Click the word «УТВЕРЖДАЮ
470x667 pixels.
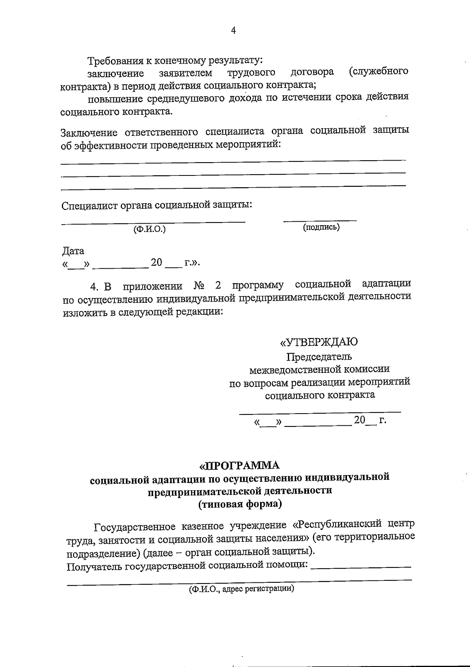tap(318, 342)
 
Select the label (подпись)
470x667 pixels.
tap(321, 227)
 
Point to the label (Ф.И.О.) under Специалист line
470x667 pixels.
tap(150, 229)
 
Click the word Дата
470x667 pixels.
tap(73, 250)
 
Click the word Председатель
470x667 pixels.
tap(319, 357)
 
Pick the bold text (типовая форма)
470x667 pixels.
tap(240, 504)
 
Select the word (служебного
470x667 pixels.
tap(378, 72)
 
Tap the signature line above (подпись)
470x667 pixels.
tap(320, 221)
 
